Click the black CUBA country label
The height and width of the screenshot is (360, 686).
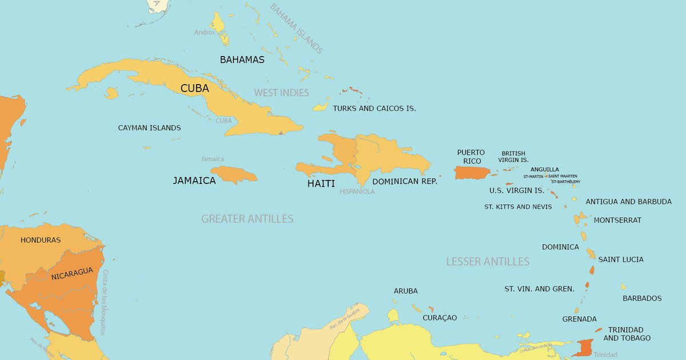coord(194,89)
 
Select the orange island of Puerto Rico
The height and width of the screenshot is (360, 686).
coord(472,172)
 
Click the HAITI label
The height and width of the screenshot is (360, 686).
coord(321,183)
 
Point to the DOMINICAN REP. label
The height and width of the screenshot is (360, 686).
coord(405,181)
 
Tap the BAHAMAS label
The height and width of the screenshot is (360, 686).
coord(242,59)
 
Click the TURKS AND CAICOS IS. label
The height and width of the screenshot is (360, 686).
coord(374,108)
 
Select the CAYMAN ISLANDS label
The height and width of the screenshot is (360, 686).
coord(149,128)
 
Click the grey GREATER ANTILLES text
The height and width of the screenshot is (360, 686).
coord(247,219)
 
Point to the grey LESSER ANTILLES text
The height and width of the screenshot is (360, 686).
coord(488,262)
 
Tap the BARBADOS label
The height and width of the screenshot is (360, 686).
coord(642,298)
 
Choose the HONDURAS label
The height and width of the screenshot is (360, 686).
coord(41,240)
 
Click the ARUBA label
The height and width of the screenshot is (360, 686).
coord(405,291)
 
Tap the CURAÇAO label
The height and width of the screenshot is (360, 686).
coord(440,318)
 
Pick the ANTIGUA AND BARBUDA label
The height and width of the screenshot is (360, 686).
coord(628,202)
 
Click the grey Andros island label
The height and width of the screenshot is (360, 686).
coord(204,33)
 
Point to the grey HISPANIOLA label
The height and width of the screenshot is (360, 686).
coord(357,192)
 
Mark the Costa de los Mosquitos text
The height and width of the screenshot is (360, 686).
coord(105,302)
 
